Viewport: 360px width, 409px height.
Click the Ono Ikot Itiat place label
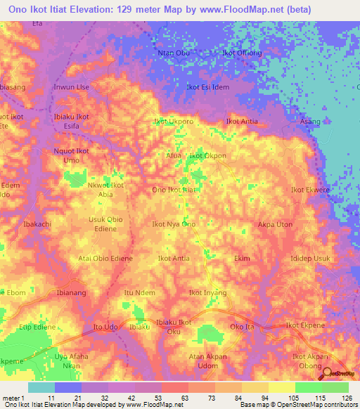tap(174, 190)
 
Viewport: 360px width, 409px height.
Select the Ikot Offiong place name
tap(242, 53)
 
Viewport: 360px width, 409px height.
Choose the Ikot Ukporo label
tap(174, 122)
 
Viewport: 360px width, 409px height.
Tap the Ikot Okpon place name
tap(208, 155)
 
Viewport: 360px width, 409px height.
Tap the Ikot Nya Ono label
tap(174, 224)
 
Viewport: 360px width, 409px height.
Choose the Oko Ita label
tap(242, 327)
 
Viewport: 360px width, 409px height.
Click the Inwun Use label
tap(71, 87)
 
